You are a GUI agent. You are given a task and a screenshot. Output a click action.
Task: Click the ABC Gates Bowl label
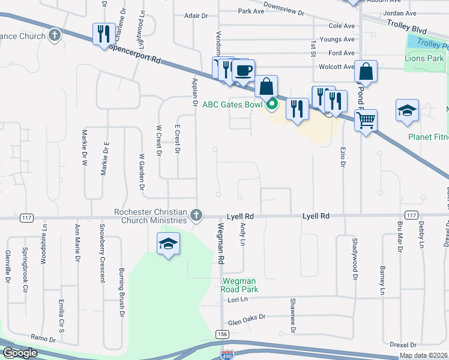(x=232, y=104)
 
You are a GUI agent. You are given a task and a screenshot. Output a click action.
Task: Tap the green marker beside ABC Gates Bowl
(x=271, y=104)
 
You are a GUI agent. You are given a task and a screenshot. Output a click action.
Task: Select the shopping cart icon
(x=366, y=120)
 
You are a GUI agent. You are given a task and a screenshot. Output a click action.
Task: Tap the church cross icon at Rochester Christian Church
(x=196, y=215)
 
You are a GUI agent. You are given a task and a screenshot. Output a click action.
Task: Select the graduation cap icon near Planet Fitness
(x=406, y=110)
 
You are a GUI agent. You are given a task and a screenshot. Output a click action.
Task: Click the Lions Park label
(x=424, y=58)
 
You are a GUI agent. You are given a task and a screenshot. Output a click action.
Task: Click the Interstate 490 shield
(x=227, y=355)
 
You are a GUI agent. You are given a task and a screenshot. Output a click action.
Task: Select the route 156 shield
(x=222, y=333)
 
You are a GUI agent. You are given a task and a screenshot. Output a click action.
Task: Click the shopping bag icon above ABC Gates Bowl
(x=266, y=86)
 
